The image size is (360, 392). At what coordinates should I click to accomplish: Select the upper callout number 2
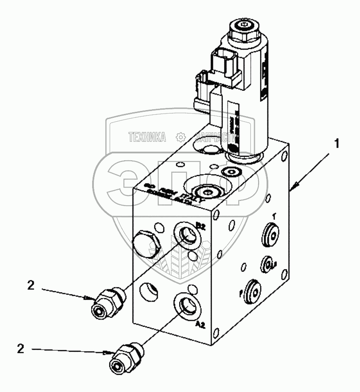tap(30, 286)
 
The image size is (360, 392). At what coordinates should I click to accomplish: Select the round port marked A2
tap(186, 305)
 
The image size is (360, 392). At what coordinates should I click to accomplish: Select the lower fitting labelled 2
tap(128, 357)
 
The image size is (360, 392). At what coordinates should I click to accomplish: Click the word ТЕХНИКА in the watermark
tap(147, 137)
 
